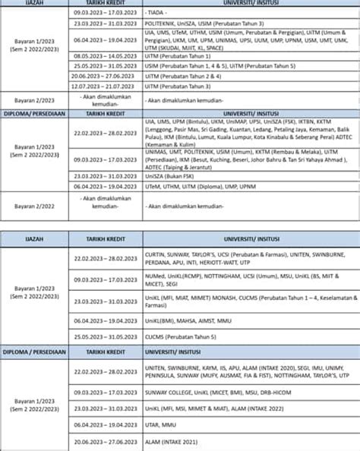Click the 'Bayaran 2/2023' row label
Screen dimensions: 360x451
pos(34,99)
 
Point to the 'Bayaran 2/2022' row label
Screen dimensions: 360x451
pos(34,205)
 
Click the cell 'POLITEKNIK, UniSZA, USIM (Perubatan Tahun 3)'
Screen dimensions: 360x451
pos(210,24)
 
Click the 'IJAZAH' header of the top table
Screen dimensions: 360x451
pos(34,3)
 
